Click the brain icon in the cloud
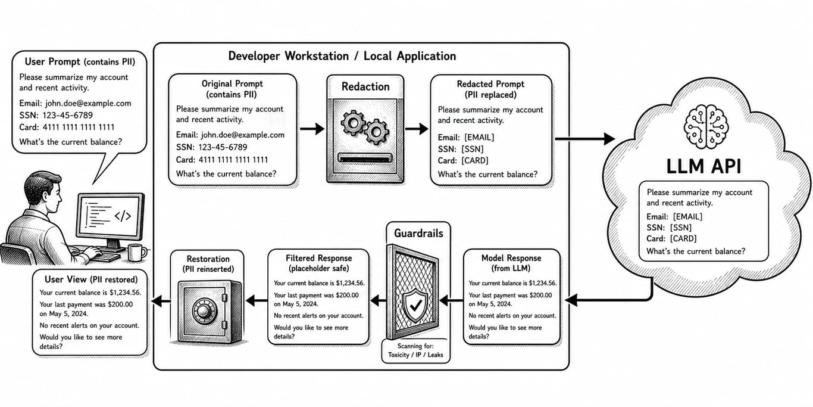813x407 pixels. pyautogui.click(x=706, y=126)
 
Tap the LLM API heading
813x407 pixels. pyautogui.click(x=703, y=167)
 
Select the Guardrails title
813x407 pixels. pyautogui.click(x=418, y=234)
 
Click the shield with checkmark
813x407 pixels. pyautogui.click(x=415, y=306)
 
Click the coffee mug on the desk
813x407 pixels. pyautogui.click(x=137, y=252)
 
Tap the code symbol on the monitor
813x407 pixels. pyautogui.click(x=123, y=216)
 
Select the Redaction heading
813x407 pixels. pyautogui.click(x=365, y=87)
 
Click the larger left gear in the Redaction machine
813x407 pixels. pyautogui.click(x=352, y=123)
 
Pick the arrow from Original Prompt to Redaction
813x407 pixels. pyautogui.click(x=312, y=129)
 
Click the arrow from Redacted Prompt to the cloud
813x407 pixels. pyautogui.click(x=585, y=138)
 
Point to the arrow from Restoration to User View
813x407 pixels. pyautogui.click(x=161, y=301)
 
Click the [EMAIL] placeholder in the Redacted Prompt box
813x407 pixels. pyautogui.click(x=479, y=138)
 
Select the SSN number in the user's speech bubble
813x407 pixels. pyautogui.click(x=67, y=116)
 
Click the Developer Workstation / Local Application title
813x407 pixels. pyautogui.click(x=342, y=56)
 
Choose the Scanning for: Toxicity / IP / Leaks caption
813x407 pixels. pyautogui.click(x=415, y=350)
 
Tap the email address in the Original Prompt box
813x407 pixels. pyautogui.click(x=242, y=135)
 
